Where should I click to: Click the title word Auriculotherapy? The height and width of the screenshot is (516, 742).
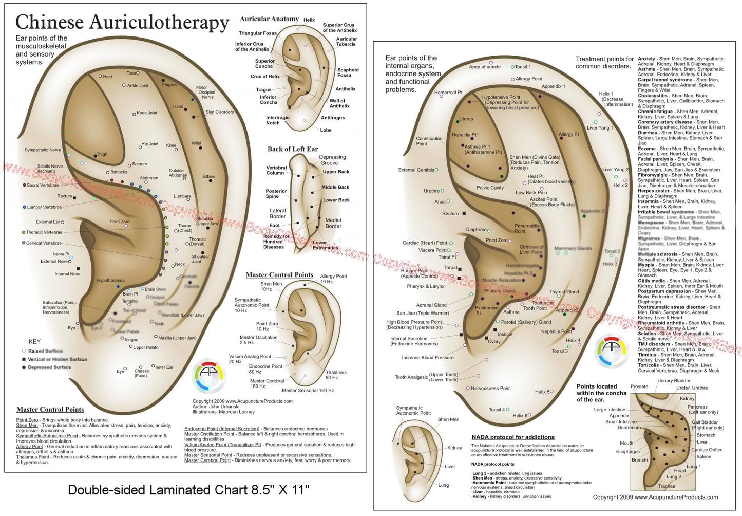159,22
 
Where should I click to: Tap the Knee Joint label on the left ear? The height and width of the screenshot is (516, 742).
147,113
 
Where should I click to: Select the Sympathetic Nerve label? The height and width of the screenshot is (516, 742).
43,150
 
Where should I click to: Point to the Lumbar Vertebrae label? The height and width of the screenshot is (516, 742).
44,207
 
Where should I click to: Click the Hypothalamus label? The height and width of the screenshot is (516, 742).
110,281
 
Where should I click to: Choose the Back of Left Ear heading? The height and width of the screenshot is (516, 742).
292,149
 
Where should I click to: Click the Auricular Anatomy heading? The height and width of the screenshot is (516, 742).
269,19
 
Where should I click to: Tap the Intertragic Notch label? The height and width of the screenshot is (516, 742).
277,120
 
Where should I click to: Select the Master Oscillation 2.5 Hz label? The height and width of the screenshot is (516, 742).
258,340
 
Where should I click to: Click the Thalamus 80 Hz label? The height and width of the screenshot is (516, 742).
336,375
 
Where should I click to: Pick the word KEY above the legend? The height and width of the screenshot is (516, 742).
34,341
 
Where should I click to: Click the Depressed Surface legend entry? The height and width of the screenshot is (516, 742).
49,367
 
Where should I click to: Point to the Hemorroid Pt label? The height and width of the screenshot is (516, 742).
448,93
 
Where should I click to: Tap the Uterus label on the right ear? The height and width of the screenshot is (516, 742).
466,119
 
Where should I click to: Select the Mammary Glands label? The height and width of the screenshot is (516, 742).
573,248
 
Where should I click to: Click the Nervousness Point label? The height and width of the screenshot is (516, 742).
491,388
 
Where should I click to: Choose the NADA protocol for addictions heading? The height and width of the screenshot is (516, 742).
513,437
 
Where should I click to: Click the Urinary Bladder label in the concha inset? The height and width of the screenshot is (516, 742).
674,381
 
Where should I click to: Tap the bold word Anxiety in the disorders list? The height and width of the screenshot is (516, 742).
646,59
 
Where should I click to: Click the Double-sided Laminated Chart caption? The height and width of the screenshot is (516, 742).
188,490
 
